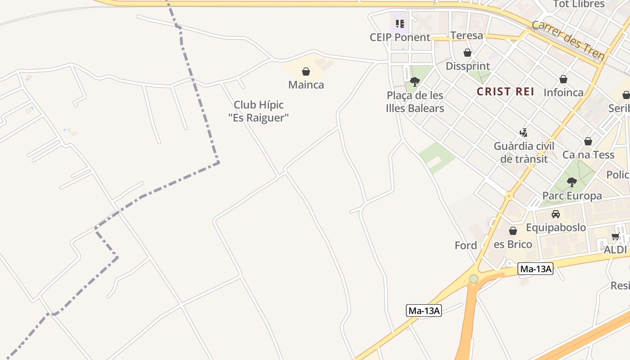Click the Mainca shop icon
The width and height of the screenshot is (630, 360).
point(306,72)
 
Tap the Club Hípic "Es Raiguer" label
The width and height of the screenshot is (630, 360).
point(258,111)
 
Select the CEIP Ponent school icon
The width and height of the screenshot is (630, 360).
point(400,23)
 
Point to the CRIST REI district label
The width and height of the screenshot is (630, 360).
point(505,92)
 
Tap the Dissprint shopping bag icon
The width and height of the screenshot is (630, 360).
point(468,53)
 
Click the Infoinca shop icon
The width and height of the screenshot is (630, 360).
point(563,80)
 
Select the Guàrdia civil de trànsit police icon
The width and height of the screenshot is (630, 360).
point(523,133)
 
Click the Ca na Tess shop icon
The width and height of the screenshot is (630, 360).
point(588,142)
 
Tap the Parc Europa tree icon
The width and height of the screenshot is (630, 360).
point(572,182)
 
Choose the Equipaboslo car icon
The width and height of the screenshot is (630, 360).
point(556,214)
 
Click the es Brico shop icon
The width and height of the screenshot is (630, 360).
point(513,231)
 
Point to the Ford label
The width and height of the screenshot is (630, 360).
point(466,246)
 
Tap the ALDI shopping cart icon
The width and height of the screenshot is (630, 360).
point(615,237)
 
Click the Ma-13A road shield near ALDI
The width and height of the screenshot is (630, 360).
point(535,269)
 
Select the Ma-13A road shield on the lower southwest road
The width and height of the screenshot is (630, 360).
point(424,310)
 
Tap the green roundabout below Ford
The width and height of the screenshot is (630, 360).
point(473,279)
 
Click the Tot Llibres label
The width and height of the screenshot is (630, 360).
point(579,4)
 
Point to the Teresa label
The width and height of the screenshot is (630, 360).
point(467,36)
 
